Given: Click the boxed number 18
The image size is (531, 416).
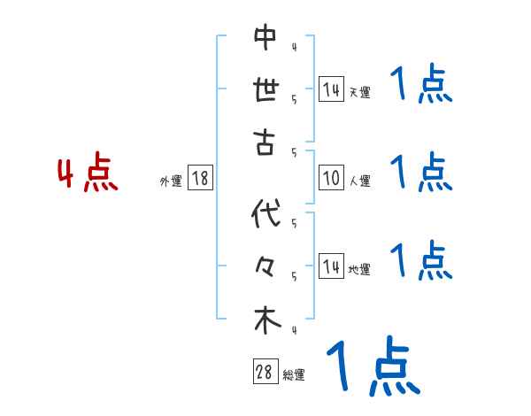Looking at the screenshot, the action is click(x=199, y=179).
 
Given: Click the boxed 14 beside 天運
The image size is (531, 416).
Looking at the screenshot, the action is click(x=331, y=89).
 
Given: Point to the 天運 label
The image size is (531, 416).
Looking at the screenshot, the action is click(x=359, y=92).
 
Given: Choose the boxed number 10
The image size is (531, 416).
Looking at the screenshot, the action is click(x=331, y=179).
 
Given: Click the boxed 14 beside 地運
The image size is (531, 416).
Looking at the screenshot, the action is click(x=331, y=266).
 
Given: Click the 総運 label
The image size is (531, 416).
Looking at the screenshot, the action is click(x=294, y=375).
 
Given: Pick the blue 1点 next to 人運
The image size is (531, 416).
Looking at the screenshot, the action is click(x=420, y=173).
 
